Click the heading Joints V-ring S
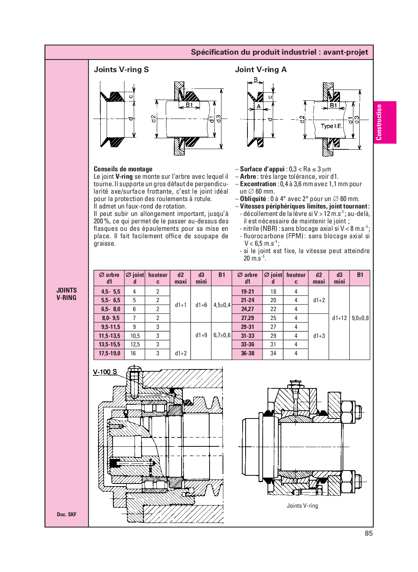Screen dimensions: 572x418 point(121,70)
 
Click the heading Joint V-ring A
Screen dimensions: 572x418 point(260,70)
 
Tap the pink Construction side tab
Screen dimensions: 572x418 point(385,122)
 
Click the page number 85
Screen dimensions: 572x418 point(368,533)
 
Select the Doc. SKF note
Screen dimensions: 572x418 point(67,514)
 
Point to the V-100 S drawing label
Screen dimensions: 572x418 point(105,372)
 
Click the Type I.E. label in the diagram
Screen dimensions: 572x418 point(331,126)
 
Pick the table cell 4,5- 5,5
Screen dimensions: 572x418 point(110,292)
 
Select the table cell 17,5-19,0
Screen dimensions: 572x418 point(110,353)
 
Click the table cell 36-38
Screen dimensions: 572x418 point(247,353)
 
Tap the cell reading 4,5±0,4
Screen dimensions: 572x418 point(222,305)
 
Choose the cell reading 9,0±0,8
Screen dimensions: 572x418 point(360,318)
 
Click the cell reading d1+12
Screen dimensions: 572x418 point(339,318)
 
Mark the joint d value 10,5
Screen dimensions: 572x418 point(135,336)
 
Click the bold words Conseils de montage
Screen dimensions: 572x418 point(123,169)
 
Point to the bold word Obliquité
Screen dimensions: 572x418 point(253,199)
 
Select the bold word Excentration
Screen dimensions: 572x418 point(257,184)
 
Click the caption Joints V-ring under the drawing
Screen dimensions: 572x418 point(302,505)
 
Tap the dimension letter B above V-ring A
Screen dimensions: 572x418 point(256,80)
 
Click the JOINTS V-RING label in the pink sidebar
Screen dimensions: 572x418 point(67,294)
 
